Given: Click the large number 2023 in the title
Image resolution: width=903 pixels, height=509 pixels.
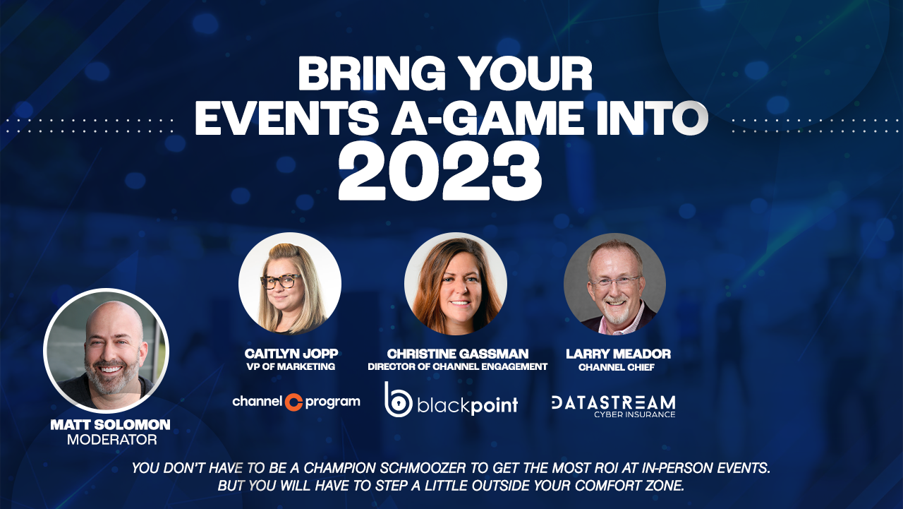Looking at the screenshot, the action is (440, 171).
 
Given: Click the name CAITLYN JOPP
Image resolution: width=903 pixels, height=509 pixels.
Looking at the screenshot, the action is (291, 354).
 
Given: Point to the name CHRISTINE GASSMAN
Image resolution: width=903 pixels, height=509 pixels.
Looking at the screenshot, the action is (458, 354).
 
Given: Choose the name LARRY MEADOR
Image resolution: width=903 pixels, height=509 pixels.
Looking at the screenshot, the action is (618, 354).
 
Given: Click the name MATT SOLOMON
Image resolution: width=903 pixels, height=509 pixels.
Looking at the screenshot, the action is (111, 424).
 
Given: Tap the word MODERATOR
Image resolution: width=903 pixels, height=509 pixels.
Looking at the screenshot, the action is (112, 439).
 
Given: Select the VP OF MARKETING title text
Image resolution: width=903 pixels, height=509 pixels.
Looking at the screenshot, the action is (291, 366).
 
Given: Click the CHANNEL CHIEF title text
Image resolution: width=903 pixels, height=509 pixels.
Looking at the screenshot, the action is (617, 367).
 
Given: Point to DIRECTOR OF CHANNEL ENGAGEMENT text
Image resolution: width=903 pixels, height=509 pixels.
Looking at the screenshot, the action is (457, 366).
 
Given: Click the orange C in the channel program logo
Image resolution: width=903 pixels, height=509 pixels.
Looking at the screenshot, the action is (293, 402).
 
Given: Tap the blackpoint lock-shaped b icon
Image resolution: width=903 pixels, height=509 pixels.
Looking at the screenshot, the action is (397, 400).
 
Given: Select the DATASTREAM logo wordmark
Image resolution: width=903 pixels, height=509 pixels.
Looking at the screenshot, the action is (613, 402).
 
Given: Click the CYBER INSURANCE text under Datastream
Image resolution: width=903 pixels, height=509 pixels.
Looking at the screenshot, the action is (634, 414).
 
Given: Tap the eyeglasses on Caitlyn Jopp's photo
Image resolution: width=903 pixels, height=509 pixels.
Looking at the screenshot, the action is (281, 281).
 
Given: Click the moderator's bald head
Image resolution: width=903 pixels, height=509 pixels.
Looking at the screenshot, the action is (114, 318).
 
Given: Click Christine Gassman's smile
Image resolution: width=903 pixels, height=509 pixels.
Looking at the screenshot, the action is (460, 303).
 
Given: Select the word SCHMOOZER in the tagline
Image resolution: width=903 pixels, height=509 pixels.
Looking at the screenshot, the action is (423, 467).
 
